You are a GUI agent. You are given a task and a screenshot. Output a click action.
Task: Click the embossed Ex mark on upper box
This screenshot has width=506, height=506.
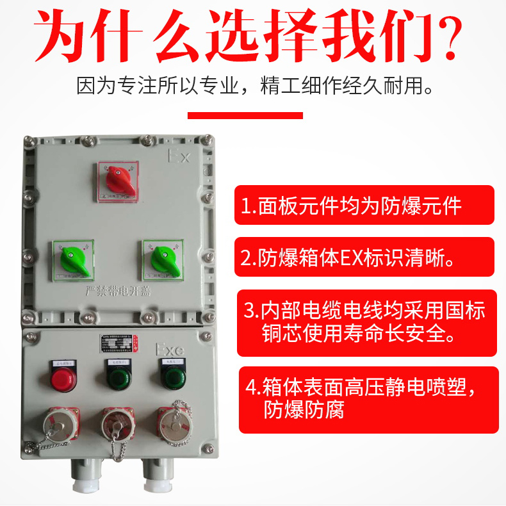(179, 156)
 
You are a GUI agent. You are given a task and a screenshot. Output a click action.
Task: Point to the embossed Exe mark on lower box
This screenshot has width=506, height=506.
(170, 350)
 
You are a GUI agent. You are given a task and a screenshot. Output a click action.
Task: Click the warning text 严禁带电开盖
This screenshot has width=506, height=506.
(116, 293)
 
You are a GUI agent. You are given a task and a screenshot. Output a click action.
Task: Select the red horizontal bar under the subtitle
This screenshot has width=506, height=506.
(245, 116)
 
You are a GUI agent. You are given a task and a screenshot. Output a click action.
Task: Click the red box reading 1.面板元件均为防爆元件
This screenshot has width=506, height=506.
(364, 205)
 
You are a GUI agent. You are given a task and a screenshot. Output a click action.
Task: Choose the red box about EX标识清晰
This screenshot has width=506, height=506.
(364, 257)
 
